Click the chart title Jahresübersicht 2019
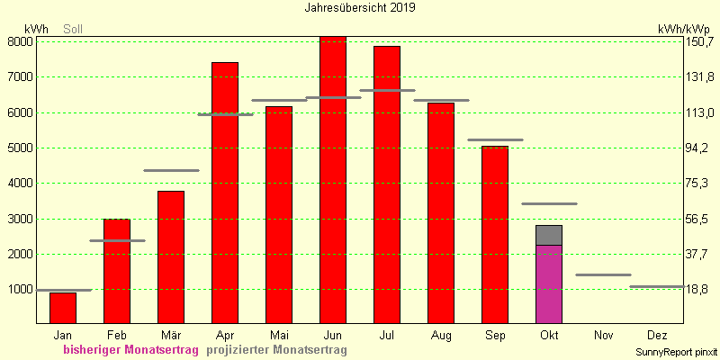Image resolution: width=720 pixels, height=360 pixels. [x=360, y=8]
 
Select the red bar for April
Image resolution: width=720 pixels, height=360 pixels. [x=225, y=193]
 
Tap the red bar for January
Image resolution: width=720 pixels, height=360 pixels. [x=63, y=308]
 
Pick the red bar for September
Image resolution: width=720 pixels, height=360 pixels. [x=495, y=235]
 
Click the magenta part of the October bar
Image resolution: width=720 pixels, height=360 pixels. [x=549, y=284]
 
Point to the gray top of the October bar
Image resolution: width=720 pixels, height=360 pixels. [x=549, y=235]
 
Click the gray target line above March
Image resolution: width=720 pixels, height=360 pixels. [x=171, y=170]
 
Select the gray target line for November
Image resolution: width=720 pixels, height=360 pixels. [x=603, y=275]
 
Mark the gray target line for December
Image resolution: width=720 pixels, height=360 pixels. [x=657, y=286]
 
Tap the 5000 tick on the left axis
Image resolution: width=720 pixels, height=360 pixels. [x=19, y=148]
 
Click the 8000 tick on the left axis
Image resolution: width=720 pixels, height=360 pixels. [x=19, y=41]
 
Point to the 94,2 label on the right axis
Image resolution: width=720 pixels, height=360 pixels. [x=696, y=148]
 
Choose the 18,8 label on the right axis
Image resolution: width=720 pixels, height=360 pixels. [x=696, y=289]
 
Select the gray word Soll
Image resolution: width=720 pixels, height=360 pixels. [x=73, y=30]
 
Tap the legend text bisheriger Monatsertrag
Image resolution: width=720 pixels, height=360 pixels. [x=130, y=350]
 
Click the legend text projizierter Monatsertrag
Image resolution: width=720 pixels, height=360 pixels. [x=276, y=350]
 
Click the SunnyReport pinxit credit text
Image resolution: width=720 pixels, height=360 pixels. [x=676, y=352]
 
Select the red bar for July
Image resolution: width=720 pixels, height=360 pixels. [x=387, y=185]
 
